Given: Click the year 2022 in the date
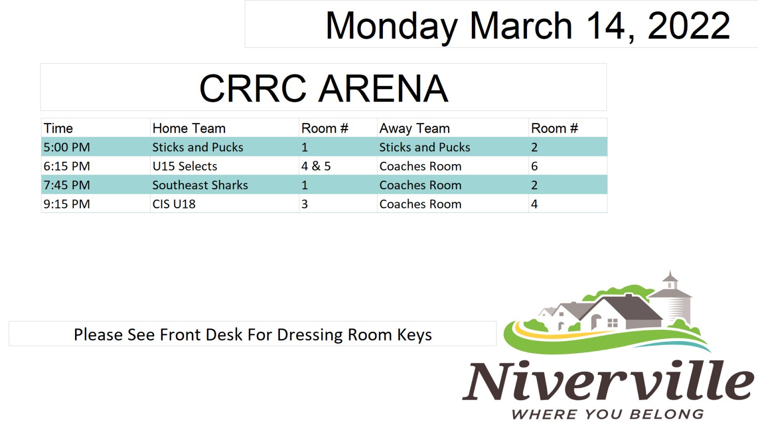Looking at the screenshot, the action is (688, 26).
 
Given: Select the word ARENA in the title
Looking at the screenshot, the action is (384, 89).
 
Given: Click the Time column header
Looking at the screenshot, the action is (58, 129).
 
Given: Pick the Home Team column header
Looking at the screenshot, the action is (189, 129).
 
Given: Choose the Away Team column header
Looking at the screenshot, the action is (415, 129).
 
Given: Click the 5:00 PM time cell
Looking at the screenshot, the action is (67, 147).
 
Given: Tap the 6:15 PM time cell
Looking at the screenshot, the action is (67, 166).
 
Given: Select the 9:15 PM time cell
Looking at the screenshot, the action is (67, 204).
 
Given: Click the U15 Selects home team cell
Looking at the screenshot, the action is (185, 166).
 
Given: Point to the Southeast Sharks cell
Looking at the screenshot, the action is (200, 185).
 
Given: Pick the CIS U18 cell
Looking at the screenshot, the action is (174, 204).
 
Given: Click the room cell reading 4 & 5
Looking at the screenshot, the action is (316, 166).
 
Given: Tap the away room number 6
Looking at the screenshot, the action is (534, 166).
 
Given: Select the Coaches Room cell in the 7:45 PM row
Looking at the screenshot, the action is (420, 185).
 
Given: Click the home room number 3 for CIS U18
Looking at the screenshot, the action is (304, 204).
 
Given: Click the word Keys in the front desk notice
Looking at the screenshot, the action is (415, 335).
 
